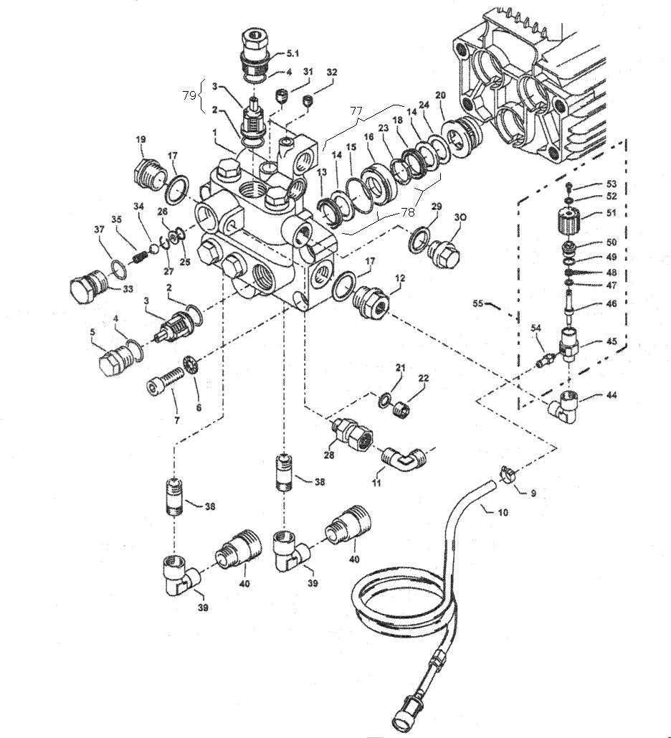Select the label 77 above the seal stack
coord(356,110)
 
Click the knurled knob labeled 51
coord(570,222)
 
